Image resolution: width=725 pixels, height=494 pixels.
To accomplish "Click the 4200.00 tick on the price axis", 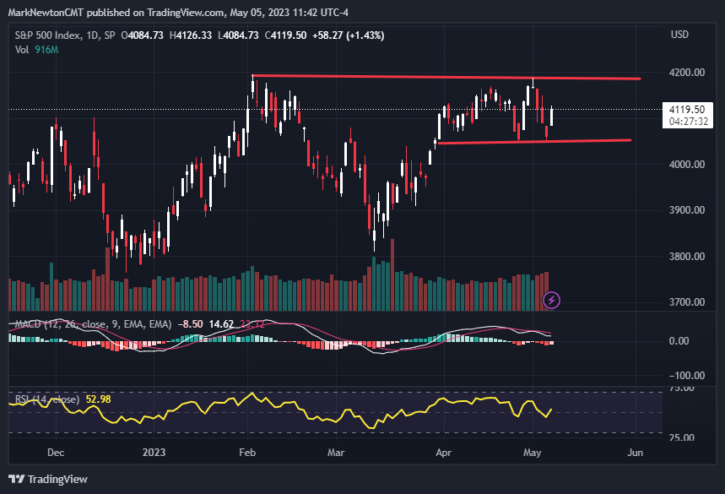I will click(x=686, y=73).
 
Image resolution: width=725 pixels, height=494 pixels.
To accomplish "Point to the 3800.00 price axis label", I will click(x=686, y=257).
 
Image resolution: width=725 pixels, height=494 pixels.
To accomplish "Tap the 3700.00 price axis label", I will click(x=686, y=302).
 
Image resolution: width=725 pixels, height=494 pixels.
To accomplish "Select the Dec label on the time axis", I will click(x=56, y=453).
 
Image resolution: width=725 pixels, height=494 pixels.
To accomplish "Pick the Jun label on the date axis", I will click(x=636, y=453).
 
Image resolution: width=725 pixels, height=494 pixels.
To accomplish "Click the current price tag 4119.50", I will click(x=687, y=109).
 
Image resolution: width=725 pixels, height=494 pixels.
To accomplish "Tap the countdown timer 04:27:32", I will click(x=687, y=122).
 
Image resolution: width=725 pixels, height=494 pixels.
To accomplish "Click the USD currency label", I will click(x=679, y=35).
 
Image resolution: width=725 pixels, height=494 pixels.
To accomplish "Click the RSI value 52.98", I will click(x=100, y=399).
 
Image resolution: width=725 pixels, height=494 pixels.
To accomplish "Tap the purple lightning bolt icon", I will click(x=551, y=299).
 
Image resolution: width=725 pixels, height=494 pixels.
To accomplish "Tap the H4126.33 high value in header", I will click(x=192, y=35).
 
